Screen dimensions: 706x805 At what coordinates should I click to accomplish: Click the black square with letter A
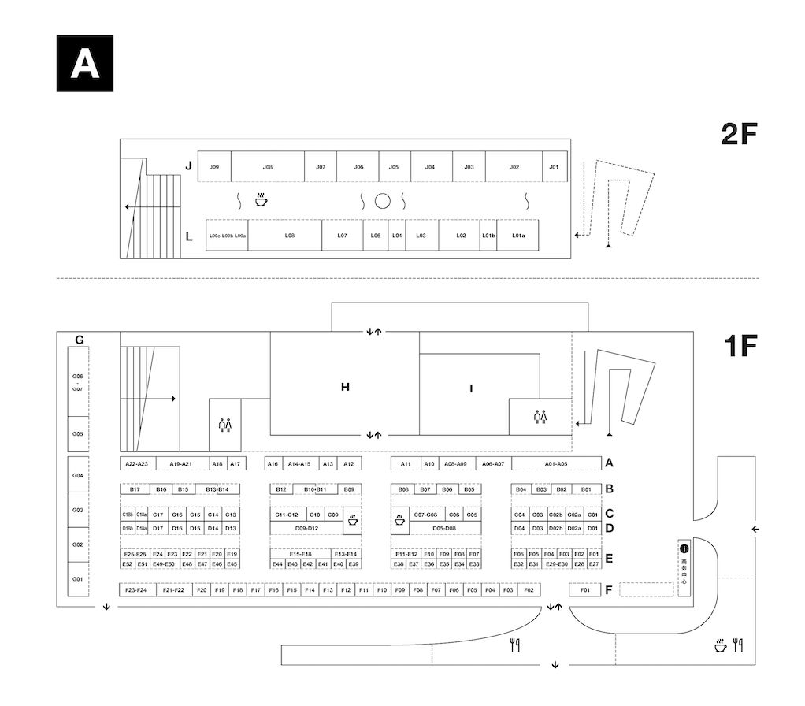pos(85,64)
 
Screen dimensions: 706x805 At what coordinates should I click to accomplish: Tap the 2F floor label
pos(738,135)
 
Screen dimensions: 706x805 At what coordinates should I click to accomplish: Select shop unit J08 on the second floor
pos(268,167)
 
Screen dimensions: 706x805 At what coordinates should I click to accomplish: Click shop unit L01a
pos(517,235)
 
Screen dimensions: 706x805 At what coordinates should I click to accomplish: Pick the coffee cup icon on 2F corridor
pos(260,200)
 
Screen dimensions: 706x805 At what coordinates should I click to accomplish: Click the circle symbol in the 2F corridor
pos(382,201)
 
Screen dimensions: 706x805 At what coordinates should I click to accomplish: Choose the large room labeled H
pos(345,387)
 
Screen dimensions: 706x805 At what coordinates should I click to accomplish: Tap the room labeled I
pos(470,388)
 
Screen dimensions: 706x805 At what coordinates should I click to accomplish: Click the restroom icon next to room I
pos(540,416)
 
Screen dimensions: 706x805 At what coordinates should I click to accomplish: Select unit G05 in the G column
pos(77,434)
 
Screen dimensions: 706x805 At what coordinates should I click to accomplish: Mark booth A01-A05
pos(557,464)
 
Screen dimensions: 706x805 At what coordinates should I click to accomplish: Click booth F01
pos(584,589)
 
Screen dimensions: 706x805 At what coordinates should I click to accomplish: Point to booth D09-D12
pos(306,528)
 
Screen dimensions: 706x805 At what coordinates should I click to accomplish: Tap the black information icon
pos(684,548)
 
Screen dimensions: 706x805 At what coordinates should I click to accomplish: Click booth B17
pos(135,489)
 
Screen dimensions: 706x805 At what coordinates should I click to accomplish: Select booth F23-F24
pos(135,589)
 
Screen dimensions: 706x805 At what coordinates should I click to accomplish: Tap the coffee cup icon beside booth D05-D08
pos(400,520)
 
